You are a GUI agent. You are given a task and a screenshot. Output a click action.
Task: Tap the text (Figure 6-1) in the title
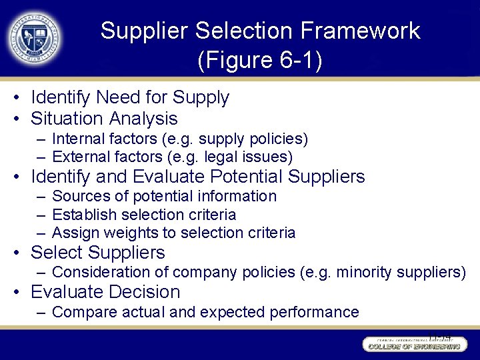tap(260, 61)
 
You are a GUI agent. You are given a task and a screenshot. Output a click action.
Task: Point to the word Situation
tap(63, 119)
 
